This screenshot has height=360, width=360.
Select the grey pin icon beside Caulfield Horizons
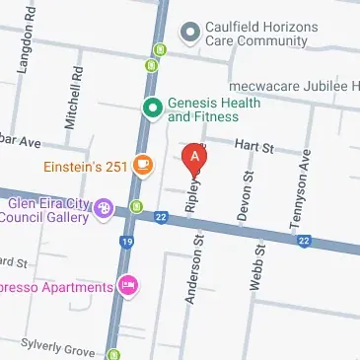pyautogui.click(x=188, y=34)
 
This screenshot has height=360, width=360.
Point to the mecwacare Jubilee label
pyautogui.click(x=293, y=87)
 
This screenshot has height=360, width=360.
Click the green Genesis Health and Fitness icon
pyautogui.click(x=152, y=108)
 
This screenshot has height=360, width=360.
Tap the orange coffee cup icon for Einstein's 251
pyautogui.click(x=144, y=165)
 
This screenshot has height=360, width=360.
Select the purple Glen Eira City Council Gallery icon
pyautogui.click(x=104, y=207)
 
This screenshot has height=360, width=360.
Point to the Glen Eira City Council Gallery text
pyautogui.click(x=48, y=209)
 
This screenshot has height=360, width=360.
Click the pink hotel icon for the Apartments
pyautogui.click(x=126, y=286)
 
